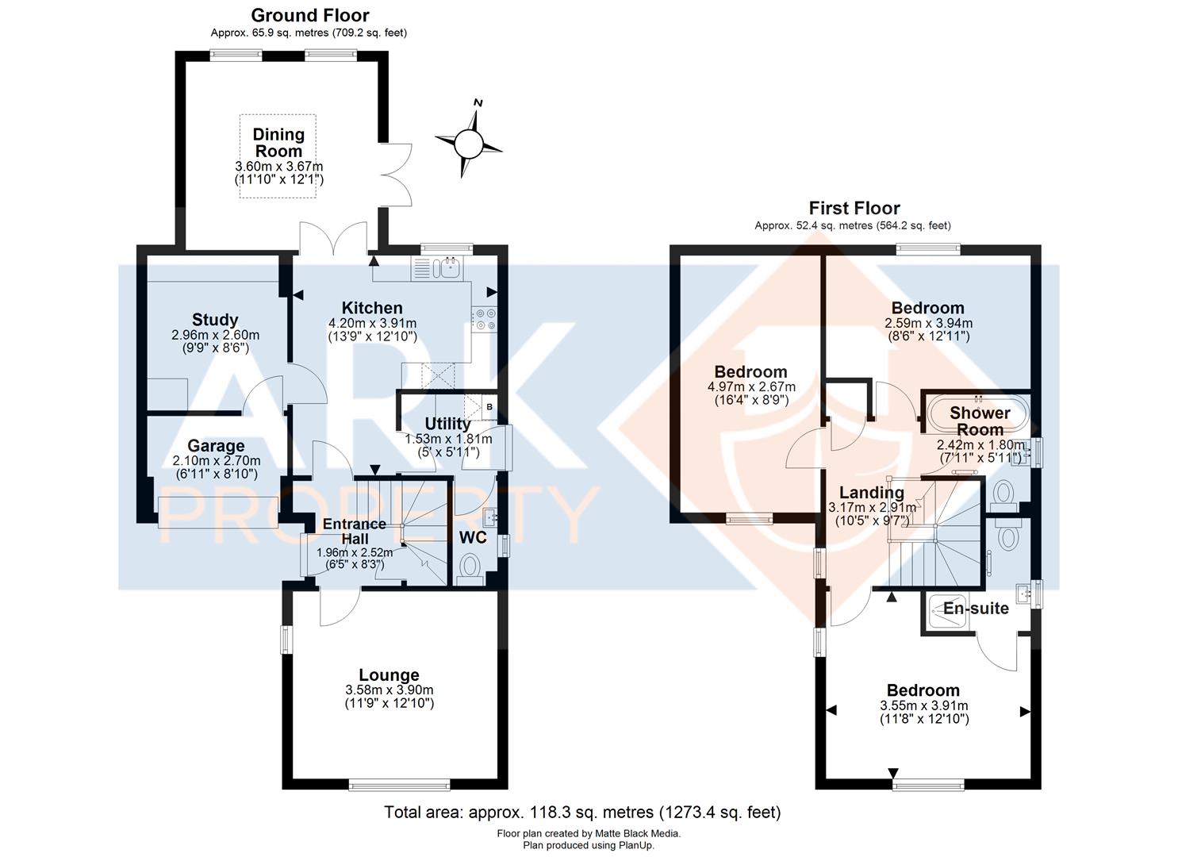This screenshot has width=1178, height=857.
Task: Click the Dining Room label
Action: [278, 142]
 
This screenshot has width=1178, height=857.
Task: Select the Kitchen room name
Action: [372, 308]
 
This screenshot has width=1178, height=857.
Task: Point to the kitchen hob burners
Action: [484, 319]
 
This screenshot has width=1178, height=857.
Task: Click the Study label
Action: [215, 320]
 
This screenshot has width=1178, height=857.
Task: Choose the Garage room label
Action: [216, 446]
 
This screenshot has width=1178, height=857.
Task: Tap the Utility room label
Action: [447, 424]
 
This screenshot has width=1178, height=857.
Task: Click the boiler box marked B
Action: [489, 407]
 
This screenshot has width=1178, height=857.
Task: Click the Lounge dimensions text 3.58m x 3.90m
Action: [389, 690]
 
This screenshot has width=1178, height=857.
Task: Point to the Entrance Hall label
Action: [354, 532]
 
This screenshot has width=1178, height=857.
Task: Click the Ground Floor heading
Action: [309, 15]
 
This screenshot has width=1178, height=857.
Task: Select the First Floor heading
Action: [854, 209]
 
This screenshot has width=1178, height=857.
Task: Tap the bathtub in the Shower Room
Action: [979, 413]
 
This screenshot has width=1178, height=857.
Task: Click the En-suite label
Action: [976, 609]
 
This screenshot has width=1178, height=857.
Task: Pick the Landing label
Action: [871, 493]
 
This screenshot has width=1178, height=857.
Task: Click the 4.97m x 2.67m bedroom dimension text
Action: [751, 386]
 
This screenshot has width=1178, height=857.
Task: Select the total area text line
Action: [582, 813]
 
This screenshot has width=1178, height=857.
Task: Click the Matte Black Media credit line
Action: [589, 834]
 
